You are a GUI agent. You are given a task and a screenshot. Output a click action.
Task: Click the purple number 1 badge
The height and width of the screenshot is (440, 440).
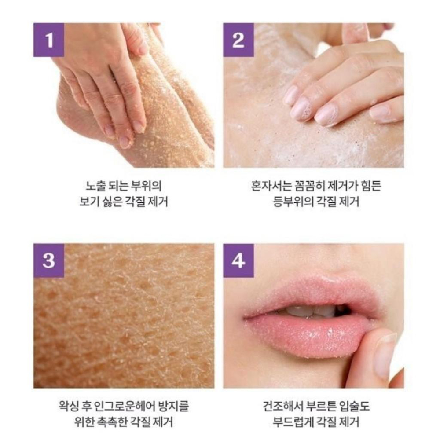pyautogui.click(x=49, y=40)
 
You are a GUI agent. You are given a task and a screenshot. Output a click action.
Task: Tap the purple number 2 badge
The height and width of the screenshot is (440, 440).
pyautogui.click(x=238, y=40)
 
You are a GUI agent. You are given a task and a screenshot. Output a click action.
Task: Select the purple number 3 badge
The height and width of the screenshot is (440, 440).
pyautogui.click(x=49, y=260)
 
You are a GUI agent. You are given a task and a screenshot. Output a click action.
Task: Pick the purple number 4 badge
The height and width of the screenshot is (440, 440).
pyautogui.click(x=238, y=260)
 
